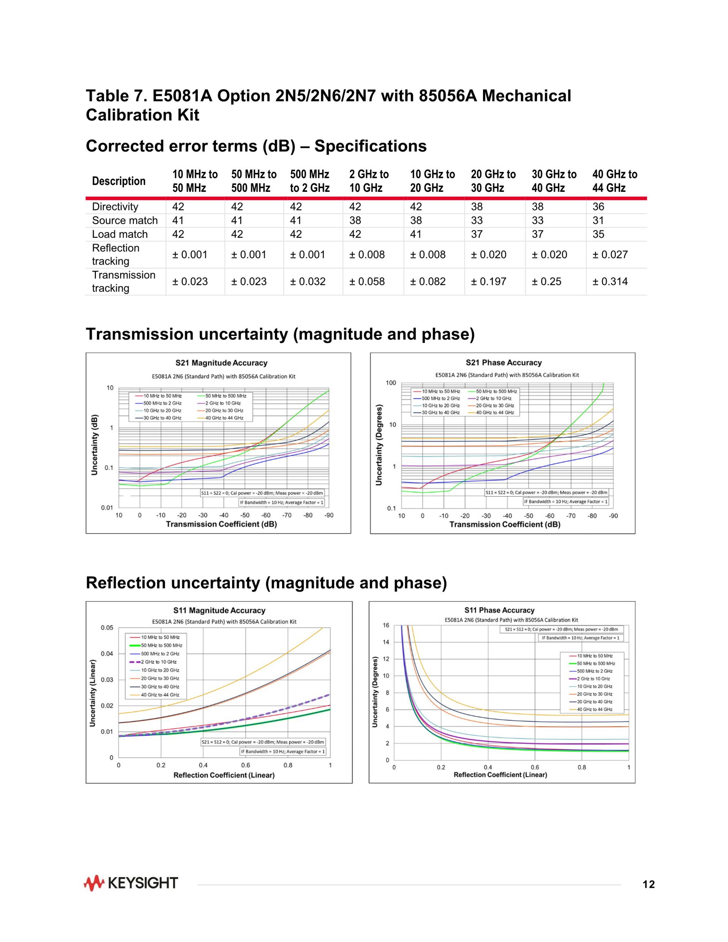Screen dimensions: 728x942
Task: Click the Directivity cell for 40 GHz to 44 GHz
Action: [x=598, y=207]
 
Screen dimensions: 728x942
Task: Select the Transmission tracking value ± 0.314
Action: [x=610, y=282]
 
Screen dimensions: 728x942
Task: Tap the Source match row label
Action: [x=125, y=220]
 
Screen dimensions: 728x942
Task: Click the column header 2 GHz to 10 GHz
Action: [x=369, y=181]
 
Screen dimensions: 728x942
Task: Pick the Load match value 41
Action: [x=416, y=234]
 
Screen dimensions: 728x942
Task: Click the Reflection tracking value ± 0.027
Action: [x=610, y=254]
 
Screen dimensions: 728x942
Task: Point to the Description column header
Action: [x=119, y=181]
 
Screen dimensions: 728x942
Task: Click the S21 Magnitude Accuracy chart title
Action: [x=221, y=363]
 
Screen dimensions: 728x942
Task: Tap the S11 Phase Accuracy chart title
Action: [x=499, y=610]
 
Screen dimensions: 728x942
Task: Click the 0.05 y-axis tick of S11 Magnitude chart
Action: [x=107, y=628]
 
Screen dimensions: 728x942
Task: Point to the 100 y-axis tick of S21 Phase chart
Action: [x=391, y=383]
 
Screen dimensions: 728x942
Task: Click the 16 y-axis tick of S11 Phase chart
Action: [x=386, y=625]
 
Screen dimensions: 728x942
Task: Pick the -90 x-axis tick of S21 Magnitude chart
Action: [x=329, y=515]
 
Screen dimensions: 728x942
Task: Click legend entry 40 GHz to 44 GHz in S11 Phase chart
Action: [x=595, y=710]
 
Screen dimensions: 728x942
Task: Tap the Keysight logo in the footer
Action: [x=131, y=883]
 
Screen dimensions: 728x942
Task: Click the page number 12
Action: [x=649, y=885]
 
